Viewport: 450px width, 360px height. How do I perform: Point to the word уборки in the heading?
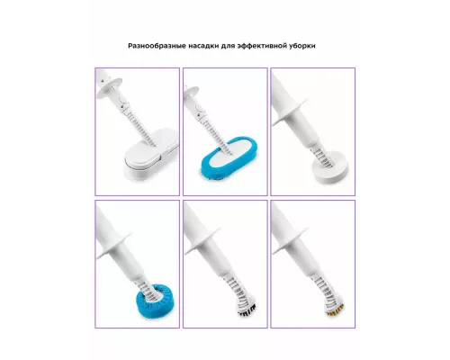pyautogui.click(x=302, y=46)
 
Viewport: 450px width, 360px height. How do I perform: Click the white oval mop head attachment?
pyautogui.click(x=150, y=156)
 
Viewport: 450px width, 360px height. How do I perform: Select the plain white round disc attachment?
pyautogui.click(x=330, y=169)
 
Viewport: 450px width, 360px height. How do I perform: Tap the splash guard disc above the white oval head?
pyautogui.click(x=110, y=87)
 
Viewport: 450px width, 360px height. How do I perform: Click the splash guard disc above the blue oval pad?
pyautogui.click(x=192, y=93)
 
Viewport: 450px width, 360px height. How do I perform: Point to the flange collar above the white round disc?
pyautogui.click(x=290, y=114)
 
